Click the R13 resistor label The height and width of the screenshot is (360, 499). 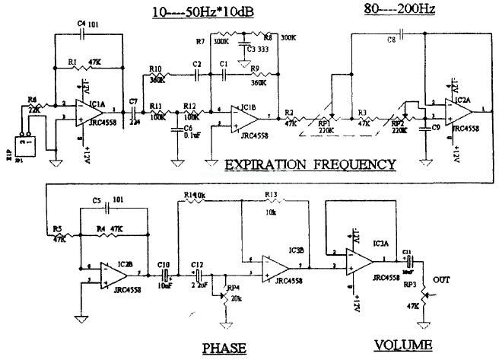tap(271, 194)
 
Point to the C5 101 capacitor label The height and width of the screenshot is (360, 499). tap(103, 201)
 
